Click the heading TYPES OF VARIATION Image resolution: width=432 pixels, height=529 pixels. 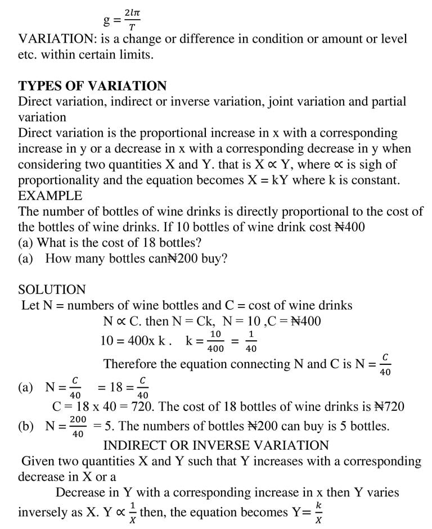(92, 86)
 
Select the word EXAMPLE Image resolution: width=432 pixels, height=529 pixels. (50, 196)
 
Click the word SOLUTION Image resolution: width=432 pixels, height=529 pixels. (52, 290)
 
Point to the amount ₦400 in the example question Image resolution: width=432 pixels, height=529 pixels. (349, 228)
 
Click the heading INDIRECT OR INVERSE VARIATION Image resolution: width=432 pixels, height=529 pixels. (216, 446)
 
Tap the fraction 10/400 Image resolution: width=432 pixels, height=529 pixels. (215, 342)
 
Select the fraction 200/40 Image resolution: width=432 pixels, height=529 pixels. (78, 427)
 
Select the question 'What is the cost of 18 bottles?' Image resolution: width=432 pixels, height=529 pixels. (124, 243)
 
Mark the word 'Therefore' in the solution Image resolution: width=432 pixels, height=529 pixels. (130, 364)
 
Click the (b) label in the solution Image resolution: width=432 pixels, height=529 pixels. (26, 426)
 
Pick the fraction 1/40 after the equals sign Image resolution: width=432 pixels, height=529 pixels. (251, 342)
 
